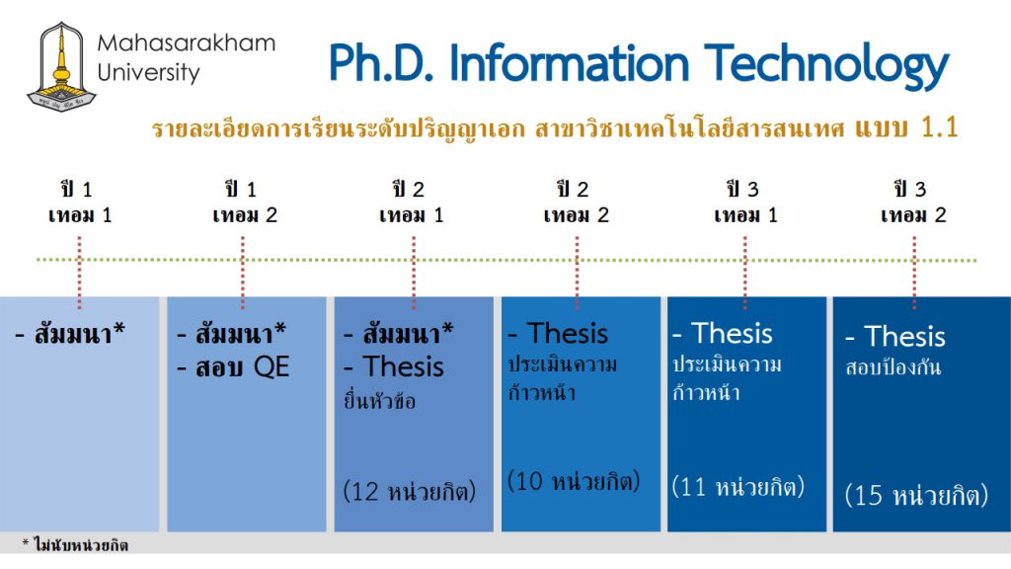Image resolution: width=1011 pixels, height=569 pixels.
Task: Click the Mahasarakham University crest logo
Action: click(x=61, y=67)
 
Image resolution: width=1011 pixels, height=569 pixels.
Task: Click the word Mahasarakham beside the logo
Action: click(x=187, y=43)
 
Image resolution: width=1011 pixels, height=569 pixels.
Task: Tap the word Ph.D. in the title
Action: click(x=383, y=63)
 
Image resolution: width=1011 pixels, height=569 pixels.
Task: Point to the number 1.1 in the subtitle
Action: click(x=939, y=127)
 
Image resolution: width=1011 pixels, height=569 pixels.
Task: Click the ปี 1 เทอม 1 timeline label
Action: click(x=79, y=202)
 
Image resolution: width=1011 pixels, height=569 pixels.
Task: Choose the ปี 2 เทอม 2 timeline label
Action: click(x=576, y=202)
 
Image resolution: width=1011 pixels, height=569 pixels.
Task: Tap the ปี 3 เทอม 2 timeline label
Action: click(x=913, y=202)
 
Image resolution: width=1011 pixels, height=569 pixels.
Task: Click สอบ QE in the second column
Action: click(x=242, y=367)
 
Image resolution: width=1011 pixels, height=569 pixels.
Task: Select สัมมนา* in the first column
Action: click(x=79, y=333)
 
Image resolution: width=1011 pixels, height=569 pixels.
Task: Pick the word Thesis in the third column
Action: click(x=403, y=366)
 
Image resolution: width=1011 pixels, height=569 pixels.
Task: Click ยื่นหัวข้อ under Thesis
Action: click(x=379, y=401)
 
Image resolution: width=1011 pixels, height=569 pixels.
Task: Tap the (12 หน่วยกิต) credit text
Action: click(x=410, y=491)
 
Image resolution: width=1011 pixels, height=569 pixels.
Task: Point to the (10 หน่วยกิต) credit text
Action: click(x=574, y=481)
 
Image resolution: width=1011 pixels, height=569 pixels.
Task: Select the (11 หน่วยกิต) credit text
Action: click(x=739, y=486)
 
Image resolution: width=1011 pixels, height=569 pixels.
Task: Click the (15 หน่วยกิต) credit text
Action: click(x=916, y=495)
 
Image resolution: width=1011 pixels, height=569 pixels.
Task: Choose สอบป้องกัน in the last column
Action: click(x=893, y=367)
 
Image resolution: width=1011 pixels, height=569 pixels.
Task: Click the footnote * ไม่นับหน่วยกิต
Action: click(x=75, y=545)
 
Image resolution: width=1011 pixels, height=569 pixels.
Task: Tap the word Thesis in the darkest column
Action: click(x=904, y=336)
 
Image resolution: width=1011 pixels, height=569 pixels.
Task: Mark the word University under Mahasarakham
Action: click(x=149, y=72)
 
